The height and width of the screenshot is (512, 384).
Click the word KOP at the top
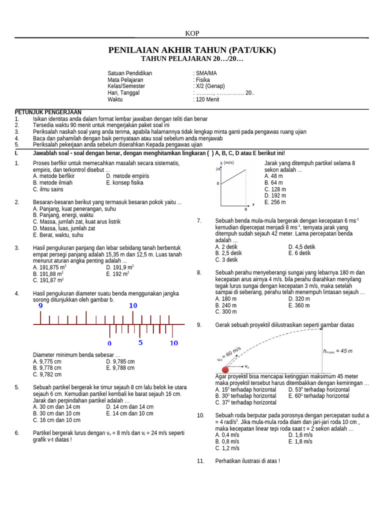pos(192,33)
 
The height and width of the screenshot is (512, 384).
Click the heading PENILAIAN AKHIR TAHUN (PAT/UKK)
pos(192,50)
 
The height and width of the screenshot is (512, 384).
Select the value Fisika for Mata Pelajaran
pos(202,79)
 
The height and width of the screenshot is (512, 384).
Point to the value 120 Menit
pos(207,99)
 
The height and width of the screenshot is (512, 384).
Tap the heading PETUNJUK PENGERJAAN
pos(48,112)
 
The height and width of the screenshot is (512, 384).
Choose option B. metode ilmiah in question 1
pos(52,182)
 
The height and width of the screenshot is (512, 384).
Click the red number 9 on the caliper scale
pos(40,305)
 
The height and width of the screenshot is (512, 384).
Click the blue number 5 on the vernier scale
pos(140,342)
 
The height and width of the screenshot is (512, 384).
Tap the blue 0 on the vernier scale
pos(109,343)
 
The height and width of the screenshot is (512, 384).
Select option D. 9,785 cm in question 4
pos(120,361)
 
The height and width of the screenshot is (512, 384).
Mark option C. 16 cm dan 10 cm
pos(56,420)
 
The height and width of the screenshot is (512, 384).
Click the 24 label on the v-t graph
pos(218,169)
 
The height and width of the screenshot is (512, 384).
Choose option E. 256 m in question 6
pos(275,202)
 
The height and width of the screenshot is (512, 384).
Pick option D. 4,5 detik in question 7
pos(301,246)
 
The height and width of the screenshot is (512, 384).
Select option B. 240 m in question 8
pos(226,305)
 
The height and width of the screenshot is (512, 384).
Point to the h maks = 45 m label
pos(337,351)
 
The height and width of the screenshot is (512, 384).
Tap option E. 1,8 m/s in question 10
pos(300,441)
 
